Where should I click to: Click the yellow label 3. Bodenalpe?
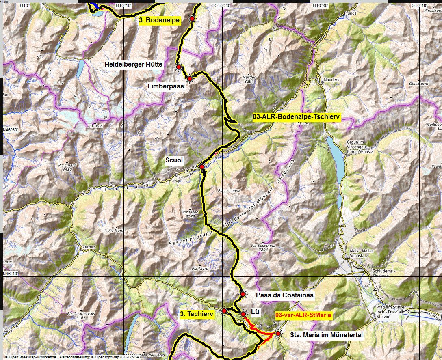pos(159,21)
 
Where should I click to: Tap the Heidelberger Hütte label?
pos(133,64)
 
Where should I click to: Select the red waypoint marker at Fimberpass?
pos(189,78)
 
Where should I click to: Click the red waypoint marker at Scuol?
pos(201,166)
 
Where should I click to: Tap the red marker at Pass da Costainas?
pos(243,294)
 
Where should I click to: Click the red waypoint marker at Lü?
pos(243,314)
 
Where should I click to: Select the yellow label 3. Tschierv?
pos(197,314)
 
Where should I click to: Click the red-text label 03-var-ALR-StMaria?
pos(303,315)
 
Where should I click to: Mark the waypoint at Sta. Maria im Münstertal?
pos(278,334)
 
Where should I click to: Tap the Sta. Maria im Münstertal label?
pos(326,335)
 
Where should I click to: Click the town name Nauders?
pos(332,80)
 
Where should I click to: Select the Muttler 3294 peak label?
pos(249,79)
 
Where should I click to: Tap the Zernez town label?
pos(89,247)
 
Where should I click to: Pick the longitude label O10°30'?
pos(321,6)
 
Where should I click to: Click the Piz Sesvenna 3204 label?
pos(263,248)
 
